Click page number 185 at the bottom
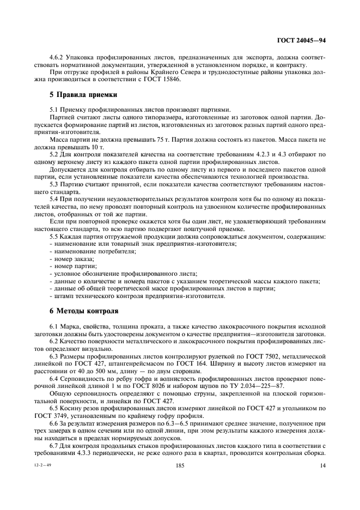tap(180, 465)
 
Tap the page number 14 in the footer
tap(322, 465)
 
